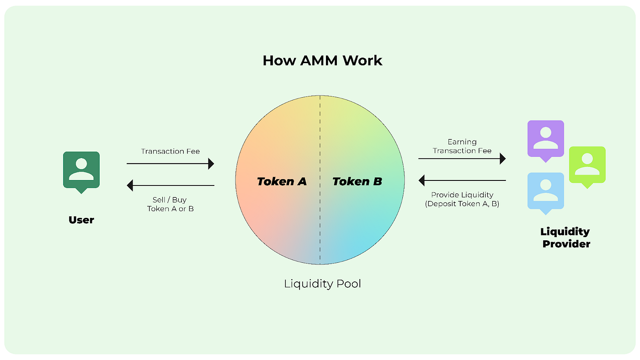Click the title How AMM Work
(322, 61)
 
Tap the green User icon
(81, 170)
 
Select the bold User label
(81, 220)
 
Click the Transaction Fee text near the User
(171, 151)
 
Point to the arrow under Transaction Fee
(170, 164)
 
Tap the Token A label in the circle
(282, 181)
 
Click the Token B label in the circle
(357, 181)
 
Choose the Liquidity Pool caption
(322, 284)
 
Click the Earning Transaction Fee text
(462, 146)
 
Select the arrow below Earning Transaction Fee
(462, 159)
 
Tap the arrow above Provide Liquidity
(462, 180)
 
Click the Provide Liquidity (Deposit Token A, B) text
(462, 199)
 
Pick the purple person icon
(545, 138)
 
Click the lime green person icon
(587, 164)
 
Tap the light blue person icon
(545, 191)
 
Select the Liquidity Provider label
(565, 238)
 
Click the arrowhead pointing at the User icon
(130, 185)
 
